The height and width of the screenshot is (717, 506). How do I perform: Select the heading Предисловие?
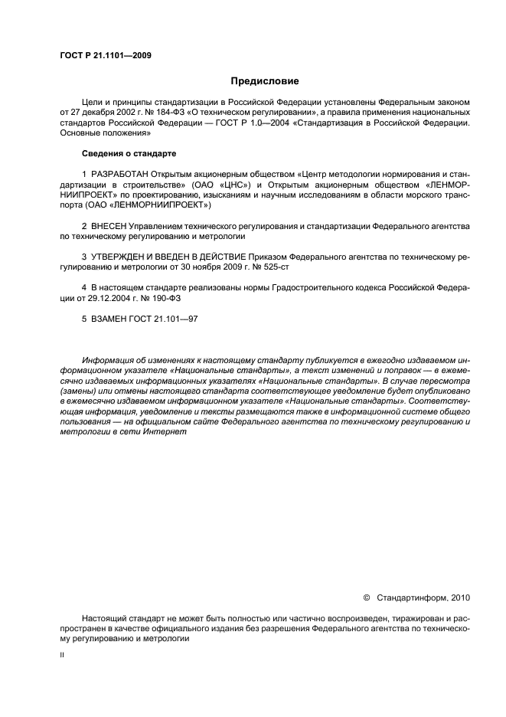point(265,80)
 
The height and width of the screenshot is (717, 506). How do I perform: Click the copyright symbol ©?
point(366,597)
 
